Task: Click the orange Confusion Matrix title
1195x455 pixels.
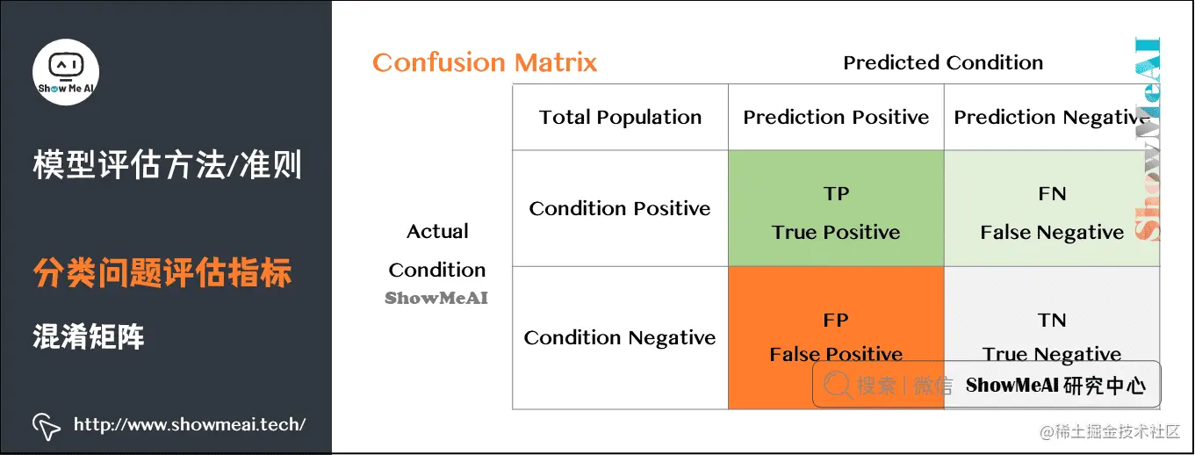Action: (x=485, y=62)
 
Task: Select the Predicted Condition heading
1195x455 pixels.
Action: (x=943, y=62)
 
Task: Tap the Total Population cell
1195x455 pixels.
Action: (x=620, y=117)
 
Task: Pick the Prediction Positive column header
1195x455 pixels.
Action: (x=836, y=117)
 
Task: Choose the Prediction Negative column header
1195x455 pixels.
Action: (x=1051, y=118)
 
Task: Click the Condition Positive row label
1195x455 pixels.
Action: (x=620, y=208)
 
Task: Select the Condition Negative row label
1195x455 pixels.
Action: (x=620, y=337)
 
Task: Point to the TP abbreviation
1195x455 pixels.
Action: (x=836, y=193)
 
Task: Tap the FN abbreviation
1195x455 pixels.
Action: (x=1052, y=193)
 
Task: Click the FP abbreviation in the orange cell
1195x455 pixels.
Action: (x=836, y=320)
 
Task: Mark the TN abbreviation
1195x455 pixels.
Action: (x=1052, y=320)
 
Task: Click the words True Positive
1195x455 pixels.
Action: (x=836, y=232)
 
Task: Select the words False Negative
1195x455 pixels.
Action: (x=1052, y=233)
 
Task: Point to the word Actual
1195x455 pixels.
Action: (x=437, y=232)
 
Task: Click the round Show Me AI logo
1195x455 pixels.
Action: (x=66, y=72)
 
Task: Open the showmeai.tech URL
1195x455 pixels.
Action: (x=190, y=424)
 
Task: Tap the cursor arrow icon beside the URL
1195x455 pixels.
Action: (x=46, y=427)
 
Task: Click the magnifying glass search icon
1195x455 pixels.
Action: (x=838, y=385)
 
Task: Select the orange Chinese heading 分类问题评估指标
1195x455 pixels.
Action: (x=162, y=272)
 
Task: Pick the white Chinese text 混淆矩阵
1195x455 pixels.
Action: (x=89, y=336)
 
